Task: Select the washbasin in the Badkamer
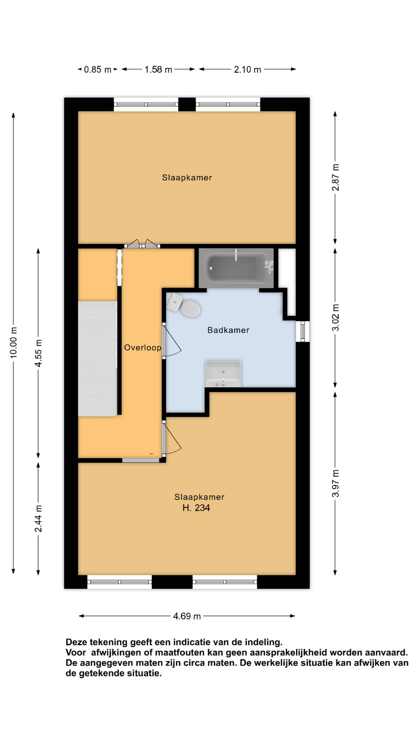point(223,373)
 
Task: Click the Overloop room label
point(143,347)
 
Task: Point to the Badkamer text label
point(228,330)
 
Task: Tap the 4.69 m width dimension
point(187,616)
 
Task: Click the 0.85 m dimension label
point(98,70)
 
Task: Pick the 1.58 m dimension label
point(158,70)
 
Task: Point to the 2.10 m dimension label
point(247,70)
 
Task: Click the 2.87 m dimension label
point(335,177)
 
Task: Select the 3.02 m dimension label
point(335,317)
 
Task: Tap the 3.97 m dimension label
point(335,484)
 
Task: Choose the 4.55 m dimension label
point(38,353)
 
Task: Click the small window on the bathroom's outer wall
point(303,331)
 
